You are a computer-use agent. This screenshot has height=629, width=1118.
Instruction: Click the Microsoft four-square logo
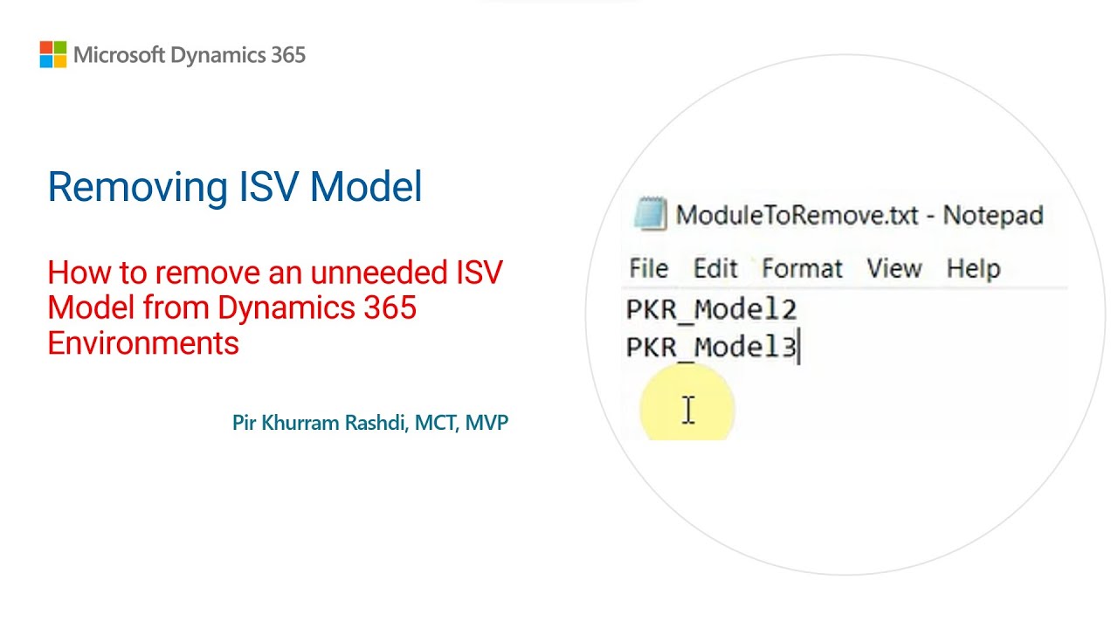tap(53, 54)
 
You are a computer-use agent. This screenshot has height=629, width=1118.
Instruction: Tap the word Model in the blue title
tap(366, 187)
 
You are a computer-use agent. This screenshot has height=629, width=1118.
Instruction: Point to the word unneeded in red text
tap(371, 273)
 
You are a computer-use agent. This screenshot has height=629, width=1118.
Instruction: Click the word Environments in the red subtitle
tap(143, 343)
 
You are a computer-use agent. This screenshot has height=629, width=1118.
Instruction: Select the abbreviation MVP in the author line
tap(487, 424)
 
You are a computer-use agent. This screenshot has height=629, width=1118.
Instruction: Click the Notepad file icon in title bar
tap(650, 214)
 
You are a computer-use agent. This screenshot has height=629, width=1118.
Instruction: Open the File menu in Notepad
tap(648, 268)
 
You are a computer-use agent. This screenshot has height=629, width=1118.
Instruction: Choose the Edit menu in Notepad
tap(715, 268)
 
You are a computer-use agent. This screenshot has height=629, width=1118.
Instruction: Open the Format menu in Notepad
tap(802, 268)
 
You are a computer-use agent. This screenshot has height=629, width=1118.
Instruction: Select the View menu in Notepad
tap(894, 268)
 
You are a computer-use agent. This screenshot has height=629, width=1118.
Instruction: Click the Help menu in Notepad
tap(973, 268)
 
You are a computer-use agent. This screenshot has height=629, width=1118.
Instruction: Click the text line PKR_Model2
tap(711, 310)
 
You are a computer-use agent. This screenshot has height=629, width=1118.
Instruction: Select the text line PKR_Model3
tap(711, 348)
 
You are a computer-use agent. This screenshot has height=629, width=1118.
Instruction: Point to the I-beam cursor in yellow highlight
tap(688, 410)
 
